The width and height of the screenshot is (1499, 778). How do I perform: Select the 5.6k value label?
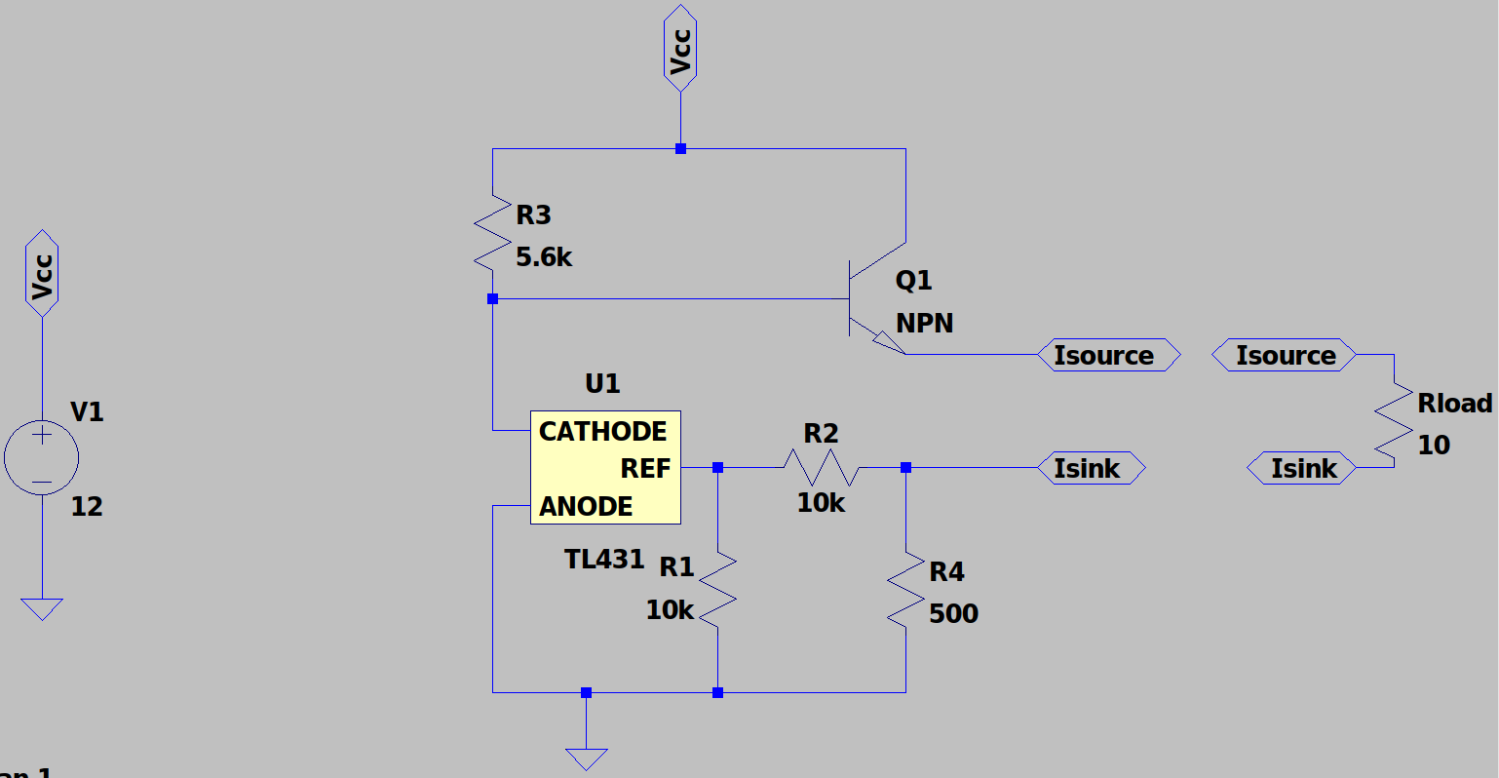tap(544, 257)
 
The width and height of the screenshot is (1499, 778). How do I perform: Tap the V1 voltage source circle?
tap(42, 458)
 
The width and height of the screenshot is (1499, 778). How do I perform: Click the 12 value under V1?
tap(87, 507)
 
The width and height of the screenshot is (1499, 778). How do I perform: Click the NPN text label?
tap(925, 324)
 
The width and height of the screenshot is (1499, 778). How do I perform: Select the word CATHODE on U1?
tap(602, 431)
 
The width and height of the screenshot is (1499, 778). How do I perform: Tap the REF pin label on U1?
tap(645, 469)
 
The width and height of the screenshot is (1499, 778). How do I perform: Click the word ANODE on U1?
tap(586, 507)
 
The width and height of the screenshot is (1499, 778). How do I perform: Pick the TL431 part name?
tap(604, 560)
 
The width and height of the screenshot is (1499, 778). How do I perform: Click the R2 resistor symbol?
tap(821, 469)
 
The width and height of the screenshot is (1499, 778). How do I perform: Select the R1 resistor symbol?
tap(718, 589)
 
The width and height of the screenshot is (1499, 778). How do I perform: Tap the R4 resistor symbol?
tap(906, 589)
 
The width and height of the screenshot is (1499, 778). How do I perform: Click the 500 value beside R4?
tap(953, 614)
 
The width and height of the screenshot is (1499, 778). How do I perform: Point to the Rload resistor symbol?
tap(1394, 417)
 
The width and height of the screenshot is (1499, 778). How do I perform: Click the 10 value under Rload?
tap(1434, 446)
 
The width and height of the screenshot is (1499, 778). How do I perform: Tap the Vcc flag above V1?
tap(42, 274)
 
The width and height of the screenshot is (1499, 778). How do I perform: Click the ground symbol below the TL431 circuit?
tap(586, 759)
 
